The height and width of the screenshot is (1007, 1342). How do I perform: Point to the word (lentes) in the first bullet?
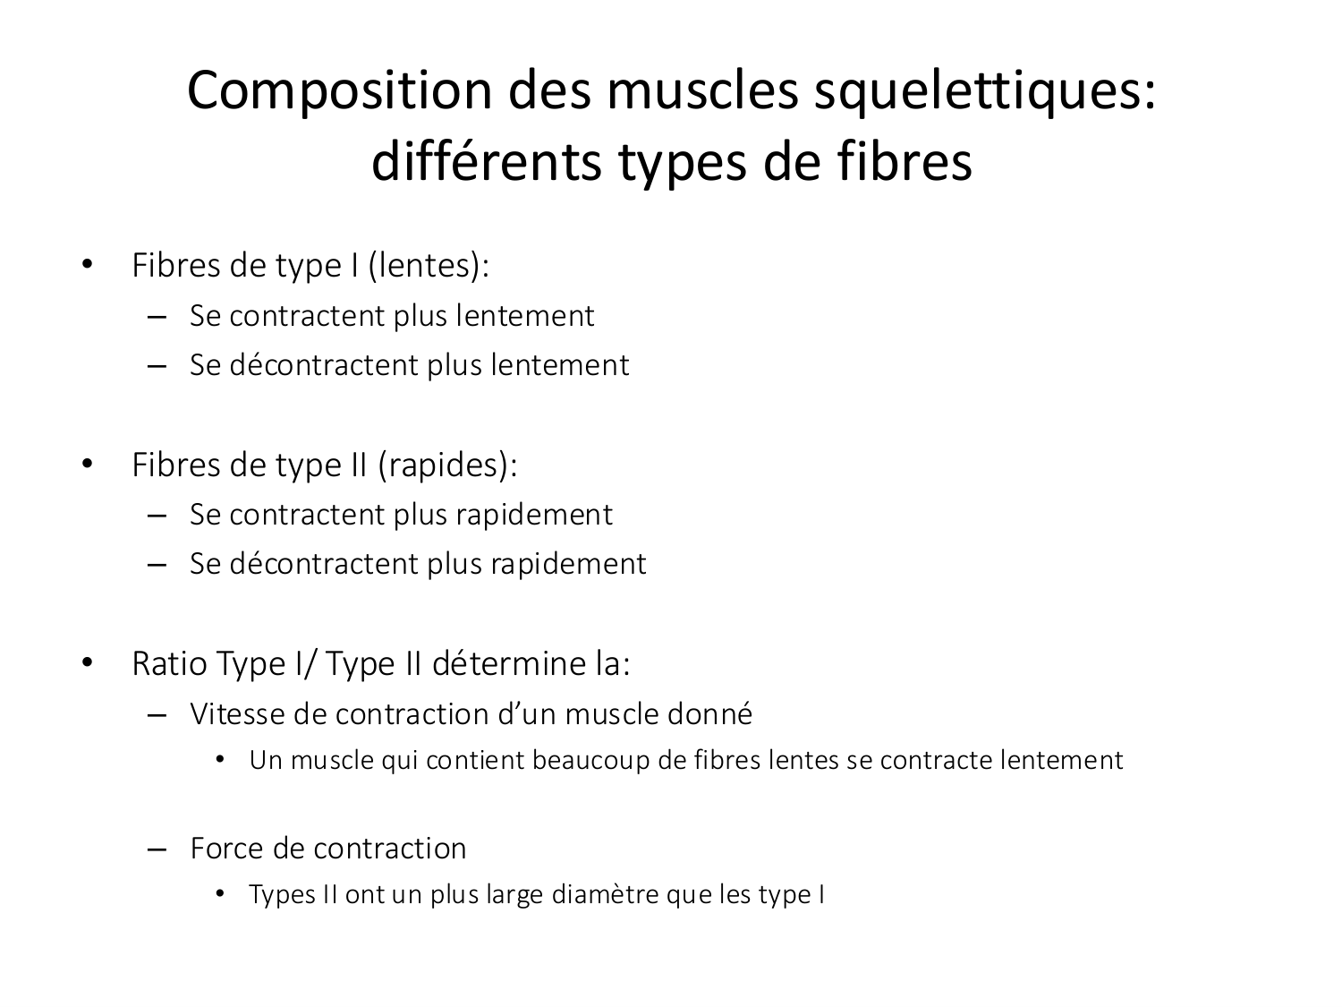(x=428, y=266)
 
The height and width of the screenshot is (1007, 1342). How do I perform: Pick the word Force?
(x=227, y=849)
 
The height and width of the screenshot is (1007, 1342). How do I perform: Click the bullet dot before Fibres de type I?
(x=87, y=266)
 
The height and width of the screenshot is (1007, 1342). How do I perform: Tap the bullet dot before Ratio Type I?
(x=87, y=664)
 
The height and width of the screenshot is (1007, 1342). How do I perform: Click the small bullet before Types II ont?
(x=220, y=895)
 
